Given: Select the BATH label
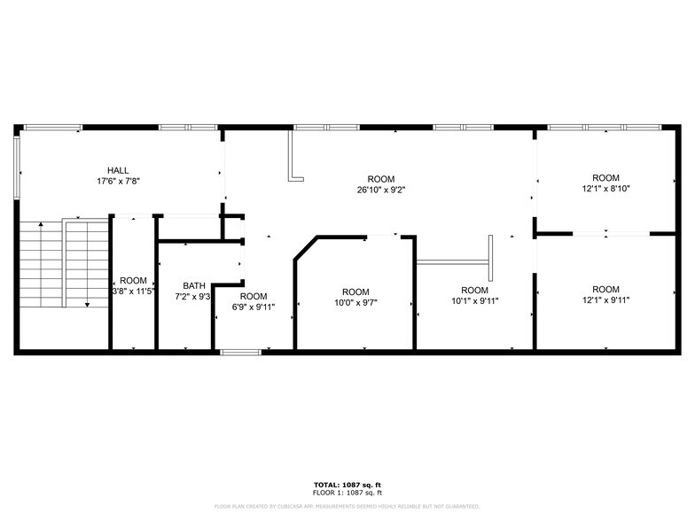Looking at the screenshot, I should pyautogui.click(x=194, y=285).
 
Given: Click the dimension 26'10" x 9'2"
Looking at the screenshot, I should pyautogui.click(x=381, y=190).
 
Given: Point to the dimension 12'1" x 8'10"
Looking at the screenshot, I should pyautogui.click(x=605, y=189).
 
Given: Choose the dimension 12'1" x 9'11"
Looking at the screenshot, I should pyautogui.click(x=605, y=300).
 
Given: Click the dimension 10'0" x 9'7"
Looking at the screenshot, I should pyautogui.click(x=355, y=303).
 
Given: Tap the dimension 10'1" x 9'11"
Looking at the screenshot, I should pyautogui.click(x=474, y=301).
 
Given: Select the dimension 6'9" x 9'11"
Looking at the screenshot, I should pyautogui.click(x=253, y=307).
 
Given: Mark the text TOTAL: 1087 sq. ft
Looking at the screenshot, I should pyautogui.click(x=347, y=485).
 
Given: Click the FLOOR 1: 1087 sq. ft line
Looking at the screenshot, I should pyautogui.click(x=347, y=492).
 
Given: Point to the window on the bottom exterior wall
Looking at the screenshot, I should pyautogui.click(x=240, y=353).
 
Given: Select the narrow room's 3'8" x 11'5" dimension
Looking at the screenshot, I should pyautogui.click(x=133, y=291).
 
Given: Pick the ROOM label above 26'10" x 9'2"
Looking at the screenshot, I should pyautogui.click(x=381, y=179).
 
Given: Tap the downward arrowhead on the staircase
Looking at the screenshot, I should pyautogui.click(x=87, y=305).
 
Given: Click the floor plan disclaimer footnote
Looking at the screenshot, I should pyautogui.click(x=347, y=506).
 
